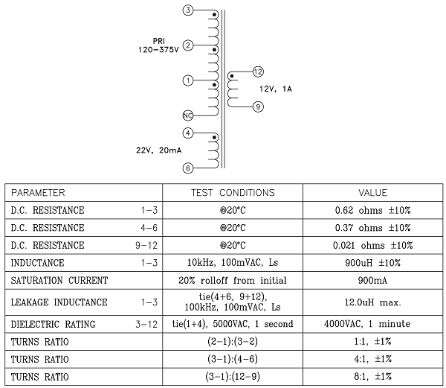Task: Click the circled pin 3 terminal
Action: (188, 10)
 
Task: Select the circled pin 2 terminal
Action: (188, 45)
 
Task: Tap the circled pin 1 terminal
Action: (188, 80)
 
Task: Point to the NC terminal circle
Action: (188, 115)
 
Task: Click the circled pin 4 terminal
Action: (188, 133)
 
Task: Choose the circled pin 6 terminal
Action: (188, 168)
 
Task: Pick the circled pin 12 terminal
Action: (258, 71)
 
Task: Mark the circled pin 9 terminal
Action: (258, 106)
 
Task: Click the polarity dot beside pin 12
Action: (232, 76)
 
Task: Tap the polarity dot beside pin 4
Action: (215, 138)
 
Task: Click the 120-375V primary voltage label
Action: (158, 50)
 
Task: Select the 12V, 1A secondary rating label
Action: (276, 89)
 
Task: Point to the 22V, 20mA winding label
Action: (159, 150)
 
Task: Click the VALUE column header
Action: (372, 193)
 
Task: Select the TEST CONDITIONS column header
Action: (233, 193)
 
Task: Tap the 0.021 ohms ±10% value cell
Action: (372, 245)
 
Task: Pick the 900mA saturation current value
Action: (372, 281)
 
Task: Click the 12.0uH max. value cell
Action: (372, 302)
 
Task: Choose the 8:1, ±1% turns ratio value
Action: (372, 377)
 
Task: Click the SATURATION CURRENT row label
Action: (59, 281)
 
